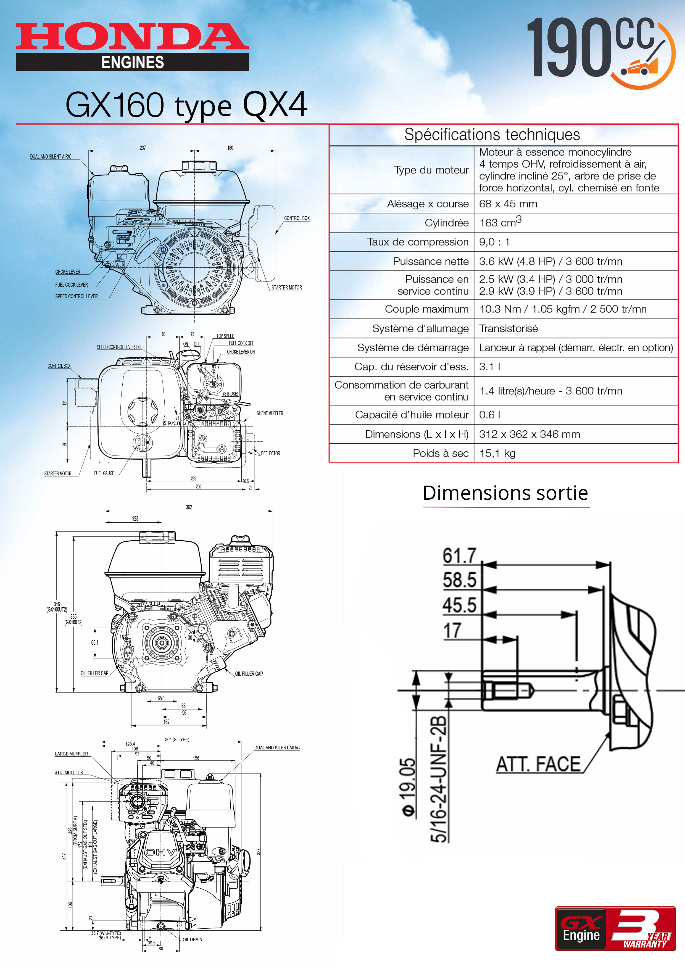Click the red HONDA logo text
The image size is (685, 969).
click(132, 37)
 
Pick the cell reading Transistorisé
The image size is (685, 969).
click(508, 328)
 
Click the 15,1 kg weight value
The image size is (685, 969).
click(497, 453)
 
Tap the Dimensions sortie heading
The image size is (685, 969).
click(505, 493)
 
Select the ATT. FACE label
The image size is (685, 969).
click(538, 764)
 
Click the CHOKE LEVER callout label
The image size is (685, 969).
click(67, 272)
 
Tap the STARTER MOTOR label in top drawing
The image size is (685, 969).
click(287, 287)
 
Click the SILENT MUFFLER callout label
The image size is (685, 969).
click(270, 413)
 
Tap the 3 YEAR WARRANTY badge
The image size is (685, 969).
click(642, 928)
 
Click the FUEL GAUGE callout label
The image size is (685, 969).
click(104, 473)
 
